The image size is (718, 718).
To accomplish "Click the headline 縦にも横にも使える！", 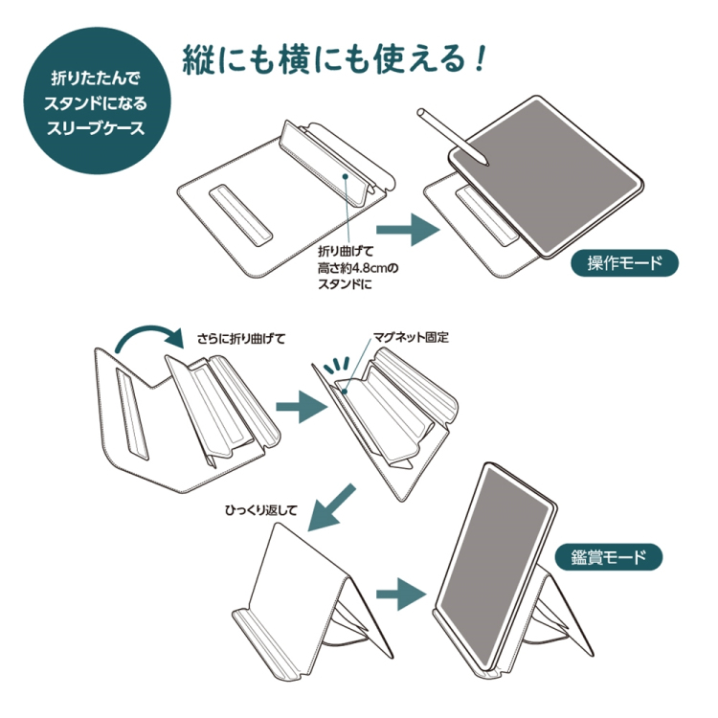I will click(x=335, y=59).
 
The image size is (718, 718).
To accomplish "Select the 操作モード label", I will click(x=624, y=263).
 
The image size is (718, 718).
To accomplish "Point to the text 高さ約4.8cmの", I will click(x=357, y=269).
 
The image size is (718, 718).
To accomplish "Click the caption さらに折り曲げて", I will click(x=241, y=338).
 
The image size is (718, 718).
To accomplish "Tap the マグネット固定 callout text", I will click(x=412, y=338).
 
